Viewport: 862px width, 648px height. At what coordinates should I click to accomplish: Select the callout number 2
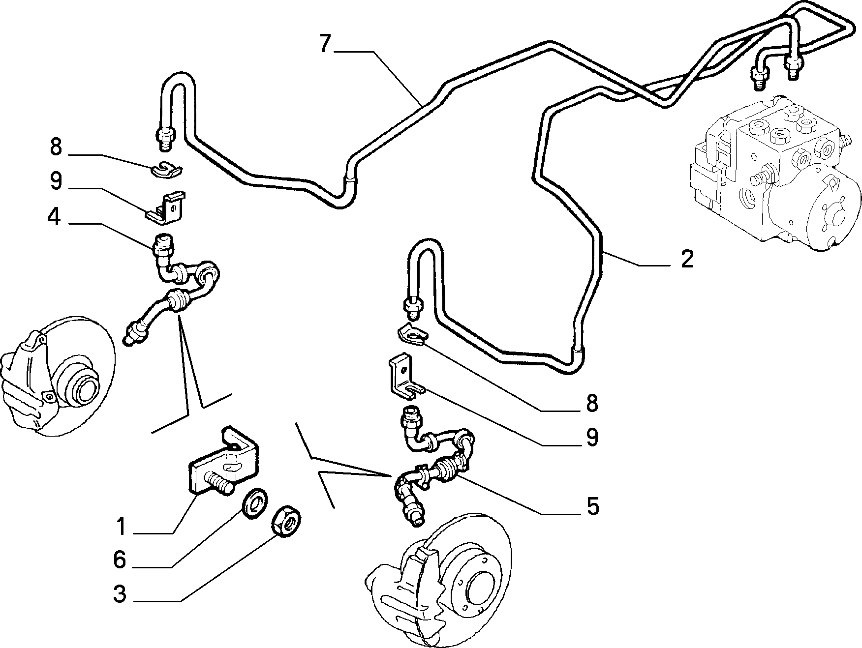tap(687, 260)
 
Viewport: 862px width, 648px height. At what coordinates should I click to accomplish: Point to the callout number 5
tap(592, 506)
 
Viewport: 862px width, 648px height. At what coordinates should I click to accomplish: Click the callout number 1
tap(121, 527)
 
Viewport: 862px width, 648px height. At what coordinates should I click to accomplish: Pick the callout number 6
tap(120, 560)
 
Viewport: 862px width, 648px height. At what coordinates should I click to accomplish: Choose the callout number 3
tap(120, 594)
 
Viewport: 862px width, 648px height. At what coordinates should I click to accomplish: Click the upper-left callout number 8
tap(56, 147)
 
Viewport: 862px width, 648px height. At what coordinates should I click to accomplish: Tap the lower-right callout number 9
tap(592, 437)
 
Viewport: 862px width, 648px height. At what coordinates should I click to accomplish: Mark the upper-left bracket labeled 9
tap(167, 208)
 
